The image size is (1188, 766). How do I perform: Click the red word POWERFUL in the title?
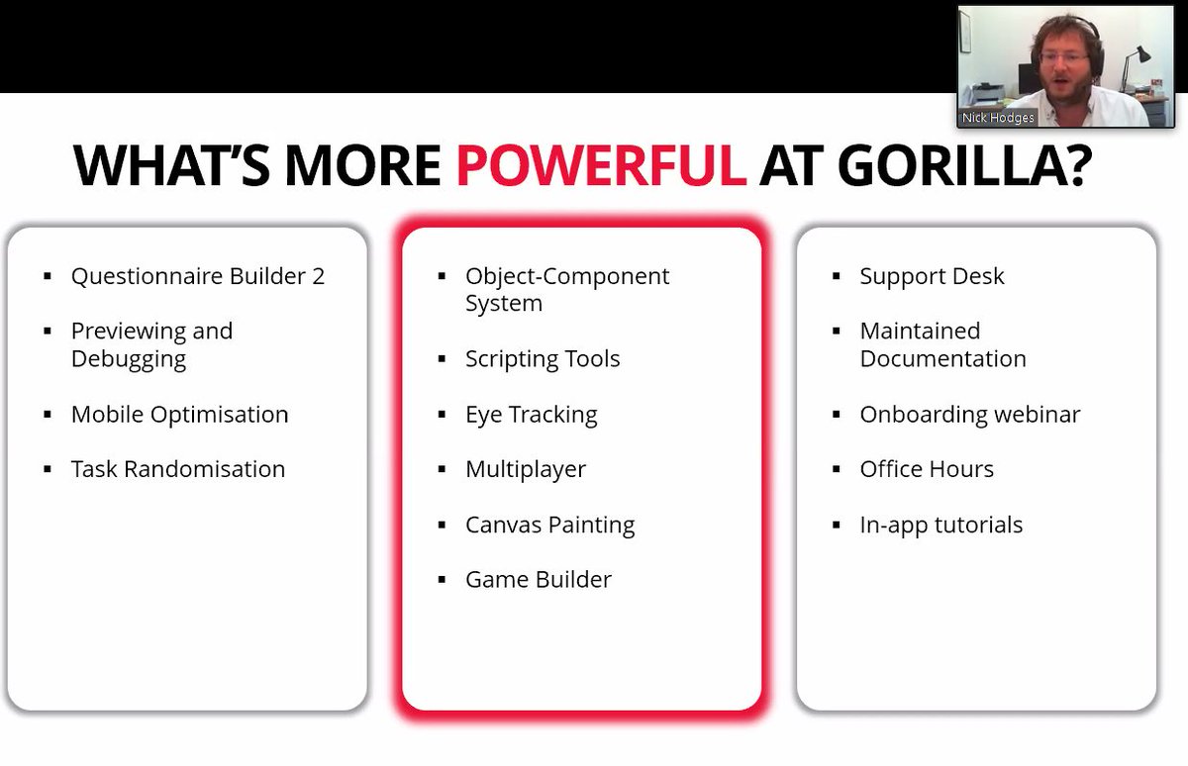(600, 164)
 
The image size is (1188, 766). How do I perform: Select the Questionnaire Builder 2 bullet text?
(197, 276)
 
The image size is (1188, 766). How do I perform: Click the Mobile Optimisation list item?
(179, 414)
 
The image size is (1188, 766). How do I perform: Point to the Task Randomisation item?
(177, 469)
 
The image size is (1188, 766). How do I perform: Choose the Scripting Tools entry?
(543, 358)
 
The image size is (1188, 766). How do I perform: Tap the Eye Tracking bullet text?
(531, 414)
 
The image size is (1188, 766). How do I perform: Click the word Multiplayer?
(526, 469)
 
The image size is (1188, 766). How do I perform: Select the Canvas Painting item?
(549, 525)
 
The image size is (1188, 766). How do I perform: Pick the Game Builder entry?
(539, 579)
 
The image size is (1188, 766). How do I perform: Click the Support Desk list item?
(932, 276)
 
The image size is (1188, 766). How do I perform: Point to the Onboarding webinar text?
(969, 414)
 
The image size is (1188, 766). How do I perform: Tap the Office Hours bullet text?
(927, 469)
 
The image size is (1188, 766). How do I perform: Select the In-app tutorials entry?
(940, 525)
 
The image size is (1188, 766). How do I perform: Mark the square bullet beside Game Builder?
(442, 580)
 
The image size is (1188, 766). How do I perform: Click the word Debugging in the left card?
(128, 359)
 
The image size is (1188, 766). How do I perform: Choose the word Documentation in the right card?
(942, 358)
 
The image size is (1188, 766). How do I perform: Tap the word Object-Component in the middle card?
(567, 276)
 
